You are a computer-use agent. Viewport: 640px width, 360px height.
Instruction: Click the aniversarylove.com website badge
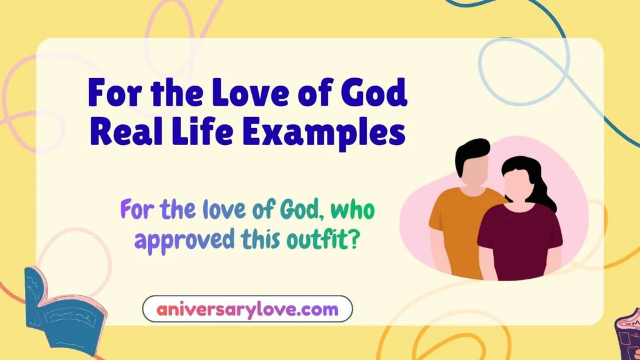click(247, 309)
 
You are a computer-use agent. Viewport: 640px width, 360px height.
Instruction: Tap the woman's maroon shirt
click(518, 234)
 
